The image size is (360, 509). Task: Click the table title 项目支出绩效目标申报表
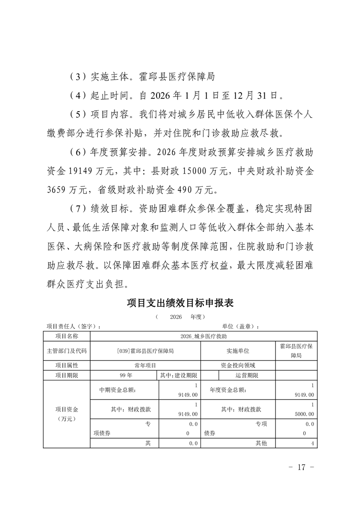click(180, 303)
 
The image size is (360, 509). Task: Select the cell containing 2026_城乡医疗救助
click(203, 336)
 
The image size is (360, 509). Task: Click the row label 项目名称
click(67, 336)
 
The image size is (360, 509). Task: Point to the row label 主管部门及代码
click(67, 351)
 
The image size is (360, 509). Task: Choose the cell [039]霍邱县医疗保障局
click(145, 351)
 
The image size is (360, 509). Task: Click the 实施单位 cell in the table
click(238, 351)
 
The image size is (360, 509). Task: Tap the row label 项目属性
click(67, 365)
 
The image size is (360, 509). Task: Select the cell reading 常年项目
click(145, 365)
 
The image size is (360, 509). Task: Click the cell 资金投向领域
click(238, 365)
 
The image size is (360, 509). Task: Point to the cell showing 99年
click(123, 376)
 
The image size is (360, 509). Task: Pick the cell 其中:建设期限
click(178, 376)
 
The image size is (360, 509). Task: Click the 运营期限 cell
click(247, 376)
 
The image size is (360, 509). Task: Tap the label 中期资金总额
click(117, 390)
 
